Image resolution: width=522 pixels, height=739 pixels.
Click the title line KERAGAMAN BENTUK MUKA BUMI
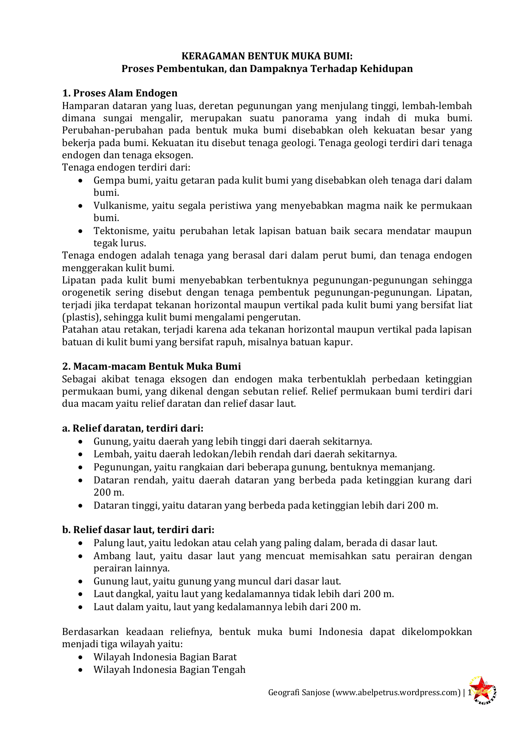(x=267, y=56)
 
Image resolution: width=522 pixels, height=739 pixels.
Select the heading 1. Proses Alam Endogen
(x=120, y=93)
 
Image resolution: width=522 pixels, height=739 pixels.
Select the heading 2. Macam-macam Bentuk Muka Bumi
(x=152, y=366)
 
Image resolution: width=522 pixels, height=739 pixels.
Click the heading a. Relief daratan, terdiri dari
(x=133, y=428)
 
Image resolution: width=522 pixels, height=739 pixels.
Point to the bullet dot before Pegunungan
(x=81, y=467)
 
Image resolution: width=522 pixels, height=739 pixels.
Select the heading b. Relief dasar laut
(x=138, y=530)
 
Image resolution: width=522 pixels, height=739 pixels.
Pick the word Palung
(x=107, y=543)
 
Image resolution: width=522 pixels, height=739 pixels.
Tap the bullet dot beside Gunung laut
(x=81, y=582)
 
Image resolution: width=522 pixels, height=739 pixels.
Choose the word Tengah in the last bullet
(x=230, y=670)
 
